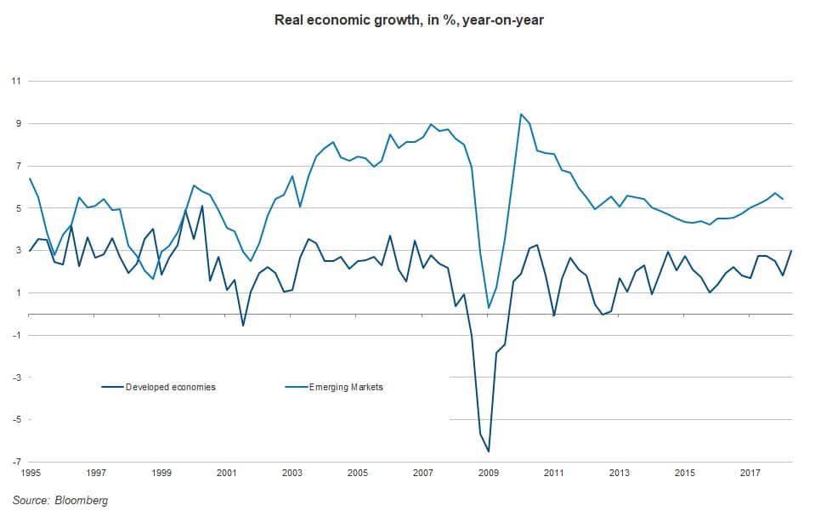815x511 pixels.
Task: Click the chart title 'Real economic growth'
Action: coord(408,20)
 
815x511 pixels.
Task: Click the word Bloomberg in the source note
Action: coord(83,500)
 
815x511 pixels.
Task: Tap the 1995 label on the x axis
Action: coord(30,473)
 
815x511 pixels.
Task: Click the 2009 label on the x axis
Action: coord(488,473)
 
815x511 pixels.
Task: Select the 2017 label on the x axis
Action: coord(750,473)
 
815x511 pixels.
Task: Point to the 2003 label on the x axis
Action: coord(291,473)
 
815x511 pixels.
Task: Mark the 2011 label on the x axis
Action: coord(553,473)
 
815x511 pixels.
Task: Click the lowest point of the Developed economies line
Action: coord(489,451)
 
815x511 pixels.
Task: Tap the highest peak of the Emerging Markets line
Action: coord(520,114)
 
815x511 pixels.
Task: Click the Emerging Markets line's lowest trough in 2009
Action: coord(489,308)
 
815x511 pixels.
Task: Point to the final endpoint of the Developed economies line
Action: coord(791,251)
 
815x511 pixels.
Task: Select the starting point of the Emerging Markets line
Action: coord(30,179)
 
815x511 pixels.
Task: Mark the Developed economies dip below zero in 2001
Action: coord(243,326)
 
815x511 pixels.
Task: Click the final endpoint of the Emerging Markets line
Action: coord(783,199)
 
